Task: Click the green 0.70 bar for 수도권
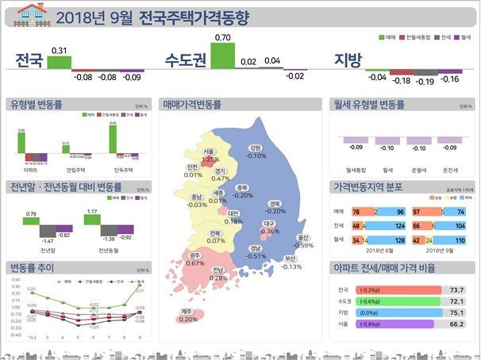[223, 56]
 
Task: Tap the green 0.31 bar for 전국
[59, 62]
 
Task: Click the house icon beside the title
[30, 13]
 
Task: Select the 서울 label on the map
[209, 151]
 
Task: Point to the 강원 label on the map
[255, 147]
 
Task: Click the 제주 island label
[188, 311]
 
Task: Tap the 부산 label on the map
[291, 259]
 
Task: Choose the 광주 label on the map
[194, 255]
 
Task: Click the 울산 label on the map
[302, 237]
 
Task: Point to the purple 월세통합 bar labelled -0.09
[355, 140]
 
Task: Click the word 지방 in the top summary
[348, 60]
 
